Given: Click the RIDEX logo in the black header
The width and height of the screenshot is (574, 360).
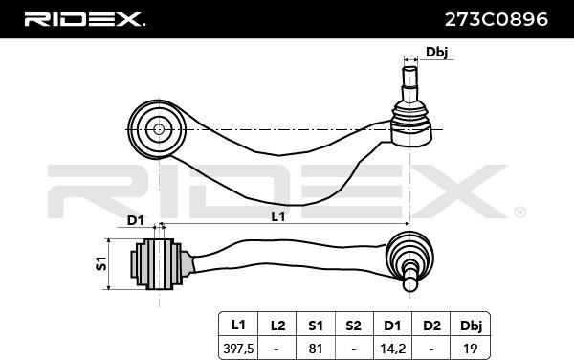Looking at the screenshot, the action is pyautogui.click(x=84, y=19).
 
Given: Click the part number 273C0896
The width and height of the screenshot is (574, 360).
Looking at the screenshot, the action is pyautogui.click(x=496, y=19).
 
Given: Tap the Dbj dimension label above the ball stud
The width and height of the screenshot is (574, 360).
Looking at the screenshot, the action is pyautogui.click(x=437, y=53).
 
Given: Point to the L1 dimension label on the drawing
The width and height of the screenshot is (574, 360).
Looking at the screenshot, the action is pyautogui.click(x=277, y=216).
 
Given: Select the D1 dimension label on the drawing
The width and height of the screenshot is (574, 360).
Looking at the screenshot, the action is pyautogui.click(x=135, y=220).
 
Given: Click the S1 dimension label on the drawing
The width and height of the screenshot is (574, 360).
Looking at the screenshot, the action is pyautogui.click(x=101, y=263).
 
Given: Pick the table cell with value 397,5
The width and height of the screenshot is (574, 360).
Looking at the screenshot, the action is pyautogui.click(x=238, y=349).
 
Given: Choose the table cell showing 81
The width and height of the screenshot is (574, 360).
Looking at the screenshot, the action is pyautogui.click(x=316, y=349).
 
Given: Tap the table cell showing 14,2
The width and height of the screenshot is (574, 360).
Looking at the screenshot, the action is pyautogui.click(x=392, y=349).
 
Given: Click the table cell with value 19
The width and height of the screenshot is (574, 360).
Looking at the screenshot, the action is pyautogui.click(x=470, y=349).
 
